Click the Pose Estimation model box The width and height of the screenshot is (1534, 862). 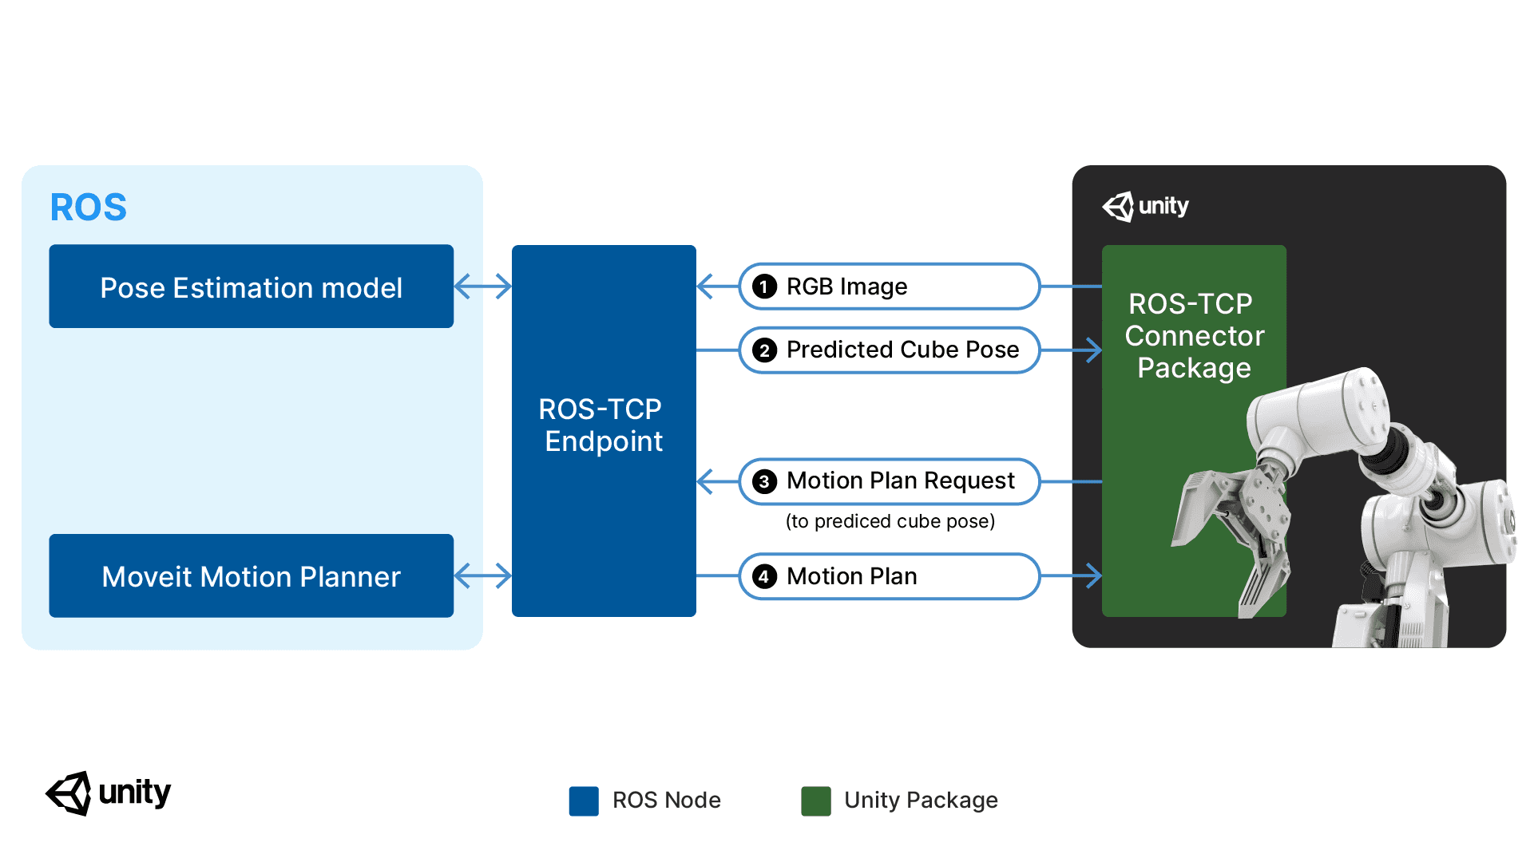(251, 287)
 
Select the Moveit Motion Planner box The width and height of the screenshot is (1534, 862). (251, 575)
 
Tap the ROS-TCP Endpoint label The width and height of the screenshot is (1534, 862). (603, 425)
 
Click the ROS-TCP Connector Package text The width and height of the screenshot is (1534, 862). (1194, 336)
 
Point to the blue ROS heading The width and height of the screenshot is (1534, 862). (88, 208)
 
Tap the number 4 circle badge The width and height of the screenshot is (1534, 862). (764, 576)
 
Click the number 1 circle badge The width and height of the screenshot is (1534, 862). (764, 287)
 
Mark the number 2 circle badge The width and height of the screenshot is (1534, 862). (764, 350)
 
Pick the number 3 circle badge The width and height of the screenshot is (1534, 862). (764, 481)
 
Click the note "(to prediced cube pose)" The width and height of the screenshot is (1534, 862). (890, 521)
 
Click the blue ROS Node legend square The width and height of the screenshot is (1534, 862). (584, 801)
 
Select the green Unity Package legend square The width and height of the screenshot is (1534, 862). (815, 801)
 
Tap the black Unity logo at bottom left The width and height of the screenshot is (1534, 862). (108, 793)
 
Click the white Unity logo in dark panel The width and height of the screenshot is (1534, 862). (1145, 207)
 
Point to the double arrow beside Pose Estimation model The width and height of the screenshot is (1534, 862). (482, 286)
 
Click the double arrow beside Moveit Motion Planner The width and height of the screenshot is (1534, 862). (482, 575)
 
